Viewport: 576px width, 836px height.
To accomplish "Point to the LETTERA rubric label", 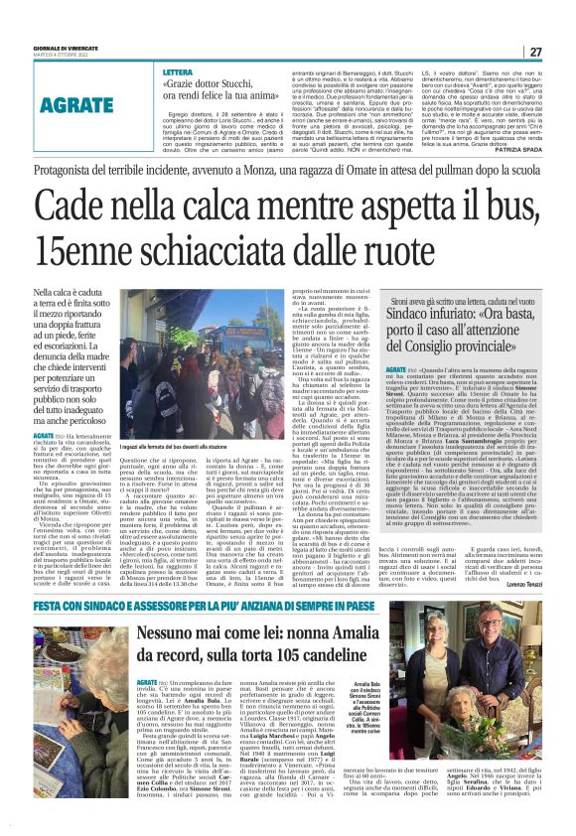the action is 178,73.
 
